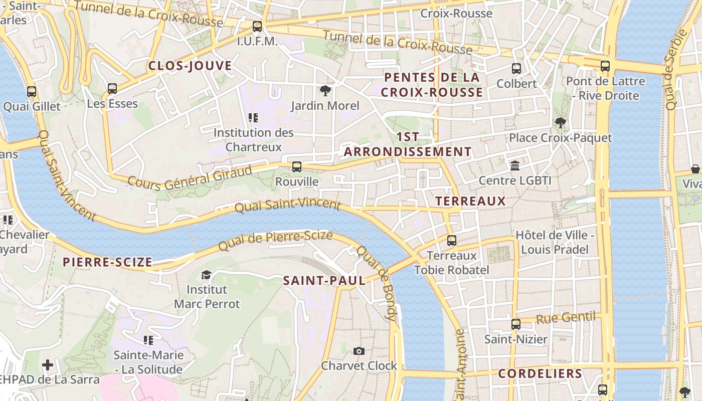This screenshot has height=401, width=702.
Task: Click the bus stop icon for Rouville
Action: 297,166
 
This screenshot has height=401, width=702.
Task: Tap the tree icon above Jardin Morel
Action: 325,91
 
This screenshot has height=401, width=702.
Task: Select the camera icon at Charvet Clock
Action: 359,351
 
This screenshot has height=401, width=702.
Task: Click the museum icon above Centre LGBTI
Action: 515,165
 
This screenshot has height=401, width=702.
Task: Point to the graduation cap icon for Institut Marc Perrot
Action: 206,275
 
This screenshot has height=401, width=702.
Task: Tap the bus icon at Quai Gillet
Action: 32,92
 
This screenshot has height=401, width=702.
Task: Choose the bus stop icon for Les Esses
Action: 112,89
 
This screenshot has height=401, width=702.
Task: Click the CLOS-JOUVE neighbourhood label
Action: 190,66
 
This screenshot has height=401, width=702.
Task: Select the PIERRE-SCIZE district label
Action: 107,262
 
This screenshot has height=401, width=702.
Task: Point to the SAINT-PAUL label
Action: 324,281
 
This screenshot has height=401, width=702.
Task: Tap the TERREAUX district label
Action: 470,201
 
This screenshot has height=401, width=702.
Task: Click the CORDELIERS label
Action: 540,373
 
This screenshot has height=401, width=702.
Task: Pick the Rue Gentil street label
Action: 566,318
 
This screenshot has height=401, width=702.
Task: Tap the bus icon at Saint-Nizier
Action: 516,324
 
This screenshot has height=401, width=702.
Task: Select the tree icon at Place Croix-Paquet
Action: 560,122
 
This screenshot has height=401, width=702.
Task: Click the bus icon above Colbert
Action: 516,69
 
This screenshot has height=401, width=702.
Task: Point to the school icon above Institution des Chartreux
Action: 253,118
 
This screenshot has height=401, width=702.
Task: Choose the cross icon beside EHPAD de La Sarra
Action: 48,365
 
